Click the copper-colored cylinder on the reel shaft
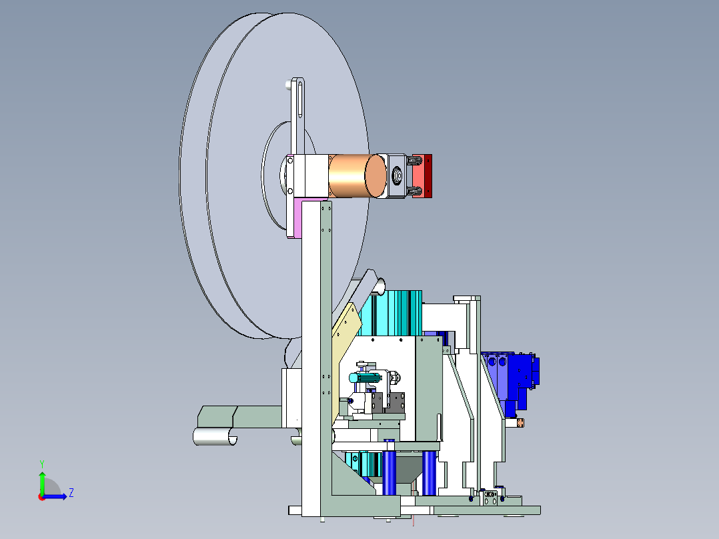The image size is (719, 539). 357,176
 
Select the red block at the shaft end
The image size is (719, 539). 422,176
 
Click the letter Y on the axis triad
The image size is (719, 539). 42,464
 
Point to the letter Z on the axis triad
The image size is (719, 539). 71,493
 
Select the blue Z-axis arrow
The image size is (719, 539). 55,496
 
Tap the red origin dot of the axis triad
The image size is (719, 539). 42,497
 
